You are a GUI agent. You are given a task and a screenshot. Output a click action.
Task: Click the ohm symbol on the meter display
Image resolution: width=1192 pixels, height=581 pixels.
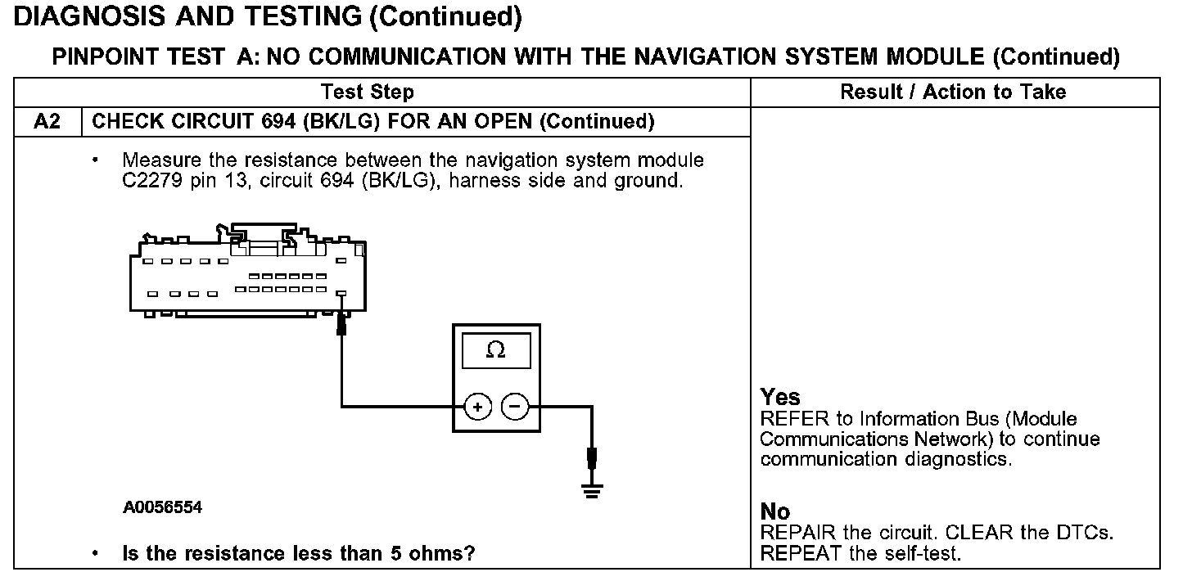click(495, 350)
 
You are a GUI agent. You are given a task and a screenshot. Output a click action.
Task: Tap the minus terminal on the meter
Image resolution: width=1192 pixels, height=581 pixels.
click(514, 406)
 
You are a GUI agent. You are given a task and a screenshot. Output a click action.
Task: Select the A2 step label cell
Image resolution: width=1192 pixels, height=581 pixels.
click(48, 122)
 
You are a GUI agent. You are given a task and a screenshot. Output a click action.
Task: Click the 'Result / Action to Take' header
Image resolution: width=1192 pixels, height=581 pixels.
click(953, 92)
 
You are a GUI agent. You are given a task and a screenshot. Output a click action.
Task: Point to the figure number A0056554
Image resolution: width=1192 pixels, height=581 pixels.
click(163, 508)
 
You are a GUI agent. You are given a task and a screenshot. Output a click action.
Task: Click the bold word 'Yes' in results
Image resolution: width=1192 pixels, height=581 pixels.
click(779, 398)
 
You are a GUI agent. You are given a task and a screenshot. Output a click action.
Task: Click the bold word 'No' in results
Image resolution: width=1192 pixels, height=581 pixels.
click(775, 512)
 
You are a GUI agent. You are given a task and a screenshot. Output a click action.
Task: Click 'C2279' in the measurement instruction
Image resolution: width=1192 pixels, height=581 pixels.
click(144, 180)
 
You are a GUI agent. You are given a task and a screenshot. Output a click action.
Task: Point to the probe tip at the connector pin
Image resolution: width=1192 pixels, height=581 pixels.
click(342, 326)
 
